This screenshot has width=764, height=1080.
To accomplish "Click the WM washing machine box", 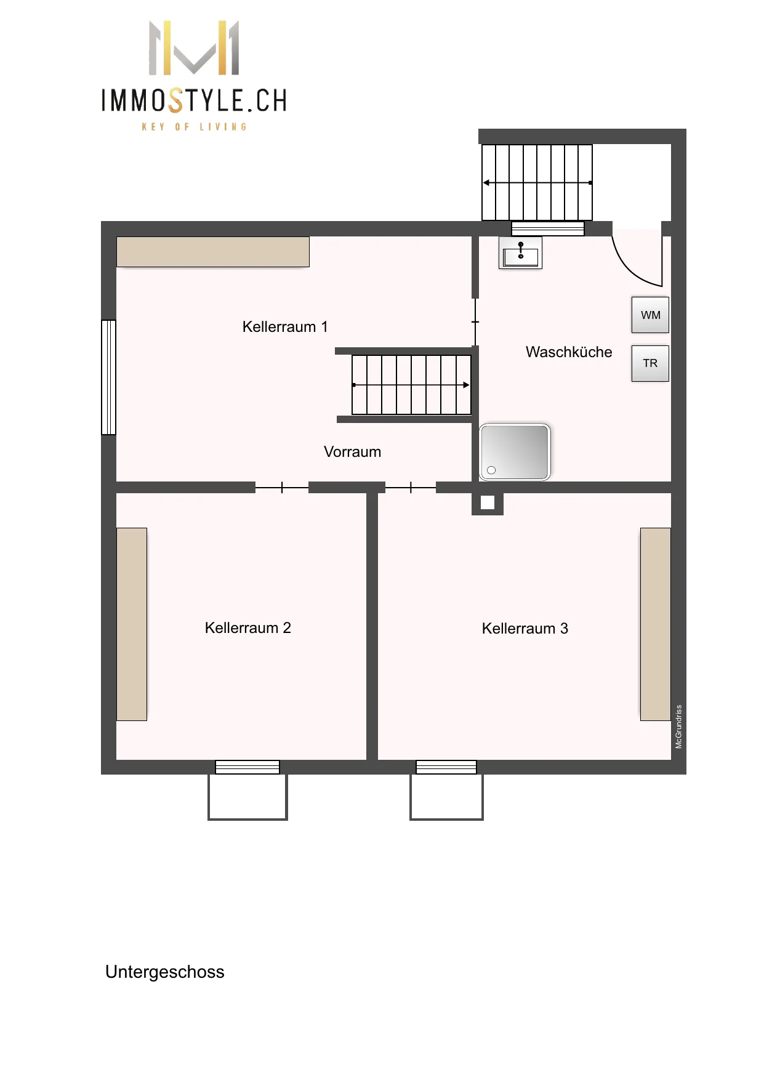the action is [650, 315].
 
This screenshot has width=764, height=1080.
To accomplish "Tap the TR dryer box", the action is [650, 363].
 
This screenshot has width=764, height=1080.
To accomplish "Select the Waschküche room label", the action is [569, 352].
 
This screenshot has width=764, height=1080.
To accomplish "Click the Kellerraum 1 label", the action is [285, 326].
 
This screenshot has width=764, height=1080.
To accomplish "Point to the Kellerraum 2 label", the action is [247, 628].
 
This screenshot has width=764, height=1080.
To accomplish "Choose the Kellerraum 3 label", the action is [525, 629].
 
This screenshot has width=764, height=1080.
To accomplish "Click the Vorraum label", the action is [352, 452].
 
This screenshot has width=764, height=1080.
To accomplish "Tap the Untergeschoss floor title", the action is [165, 972].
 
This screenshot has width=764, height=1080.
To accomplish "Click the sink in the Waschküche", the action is [520, 253].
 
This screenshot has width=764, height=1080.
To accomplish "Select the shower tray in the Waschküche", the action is [515, 452].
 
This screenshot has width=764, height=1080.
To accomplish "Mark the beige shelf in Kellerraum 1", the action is [213, 252].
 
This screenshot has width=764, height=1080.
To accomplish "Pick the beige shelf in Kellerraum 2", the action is [132, 624].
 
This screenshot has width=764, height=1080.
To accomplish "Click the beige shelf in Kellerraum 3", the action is [656, 624].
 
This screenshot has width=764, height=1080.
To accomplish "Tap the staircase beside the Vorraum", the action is [411, 385].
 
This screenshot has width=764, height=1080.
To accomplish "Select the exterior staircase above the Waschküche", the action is [537, 182].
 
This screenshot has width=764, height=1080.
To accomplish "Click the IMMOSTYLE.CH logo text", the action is [194, 100].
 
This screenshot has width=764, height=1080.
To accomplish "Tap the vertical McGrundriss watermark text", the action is [678, 727].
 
